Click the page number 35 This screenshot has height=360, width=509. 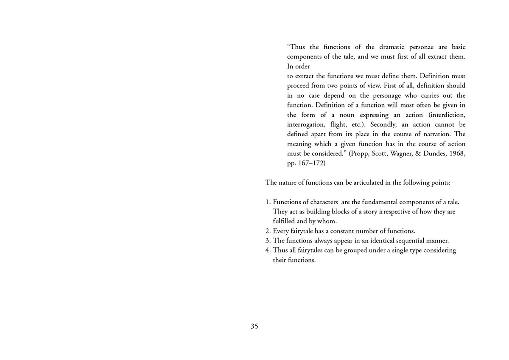[x=254, y=326]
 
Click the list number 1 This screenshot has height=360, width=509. [x=268, y=202]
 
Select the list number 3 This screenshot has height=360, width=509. [x=268, y=241]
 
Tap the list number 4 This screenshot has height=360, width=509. [x=268, y=250]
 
